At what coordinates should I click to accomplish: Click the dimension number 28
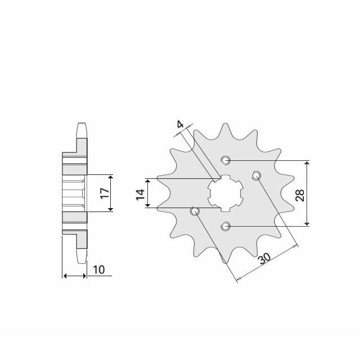tap(300, 195)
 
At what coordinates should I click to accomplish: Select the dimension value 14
tap(141, 195)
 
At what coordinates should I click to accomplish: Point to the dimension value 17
tap(104, 193)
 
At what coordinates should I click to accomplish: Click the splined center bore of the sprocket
tap(225, 193)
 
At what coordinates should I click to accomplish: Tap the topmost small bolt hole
tap(226, 160)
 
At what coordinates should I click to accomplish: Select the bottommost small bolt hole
tap(226, 227)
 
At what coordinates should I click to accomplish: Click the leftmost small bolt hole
tap(195, 211)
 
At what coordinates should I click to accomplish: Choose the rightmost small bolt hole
tap(256, 175)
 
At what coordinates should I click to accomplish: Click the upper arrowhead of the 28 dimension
tap(307, 163)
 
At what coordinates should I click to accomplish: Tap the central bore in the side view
tap(74, 193)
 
